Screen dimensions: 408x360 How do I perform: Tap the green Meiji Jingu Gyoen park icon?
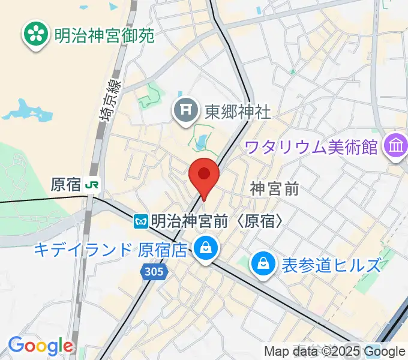(36, 35)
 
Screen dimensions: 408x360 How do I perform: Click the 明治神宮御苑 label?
(104, 35)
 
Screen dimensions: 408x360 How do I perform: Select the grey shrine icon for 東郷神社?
(185, 111)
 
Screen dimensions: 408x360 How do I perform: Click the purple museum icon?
(396, 146)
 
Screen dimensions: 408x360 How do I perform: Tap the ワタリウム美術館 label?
(311, 146)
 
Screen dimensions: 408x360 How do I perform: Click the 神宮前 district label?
(274, 189)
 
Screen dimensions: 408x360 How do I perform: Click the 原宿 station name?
(65, 185)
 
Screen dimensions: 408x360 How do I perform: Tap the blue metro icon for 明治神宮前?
(141, 221)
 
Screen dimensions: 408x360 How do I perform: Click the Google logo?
(40, 346)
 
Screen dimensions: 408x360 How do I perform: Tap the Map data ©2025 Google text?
(335, 352)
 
